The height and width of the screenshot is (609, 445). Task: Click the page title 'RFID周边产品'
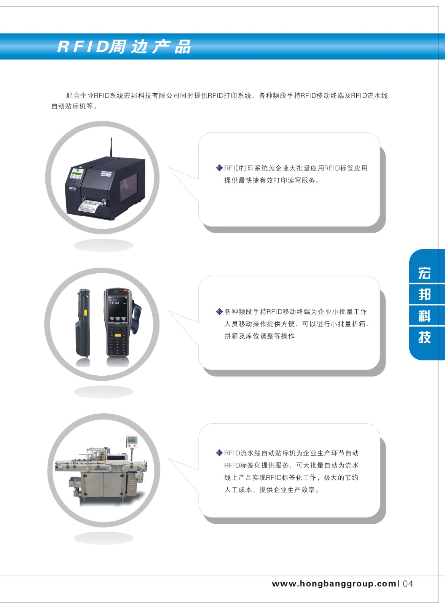[124, 46]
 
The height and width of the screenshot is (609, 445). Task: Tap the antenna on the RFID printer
[111, 147]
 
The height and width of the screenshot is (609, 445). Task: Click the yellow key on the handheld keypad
[117, 335]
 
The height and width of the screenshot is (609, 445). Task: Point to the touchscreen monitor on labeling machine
[132, 440]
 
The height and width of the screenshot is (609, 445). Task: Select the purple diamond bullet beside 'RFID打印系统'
[219, 168]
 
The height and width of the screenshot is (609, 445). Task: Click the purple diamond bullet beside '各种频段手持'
[219, 312]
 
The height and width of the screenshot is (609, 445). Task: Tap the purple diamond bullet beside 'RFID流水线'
[219, 453]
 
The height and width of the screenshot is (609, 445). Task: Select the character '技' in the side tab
[424, 337]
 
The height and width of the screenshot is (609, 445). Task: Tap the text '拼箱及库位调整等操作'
[259, 336]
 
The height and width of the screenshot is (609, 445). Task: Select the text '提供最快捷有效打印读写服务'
[270, 180]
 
